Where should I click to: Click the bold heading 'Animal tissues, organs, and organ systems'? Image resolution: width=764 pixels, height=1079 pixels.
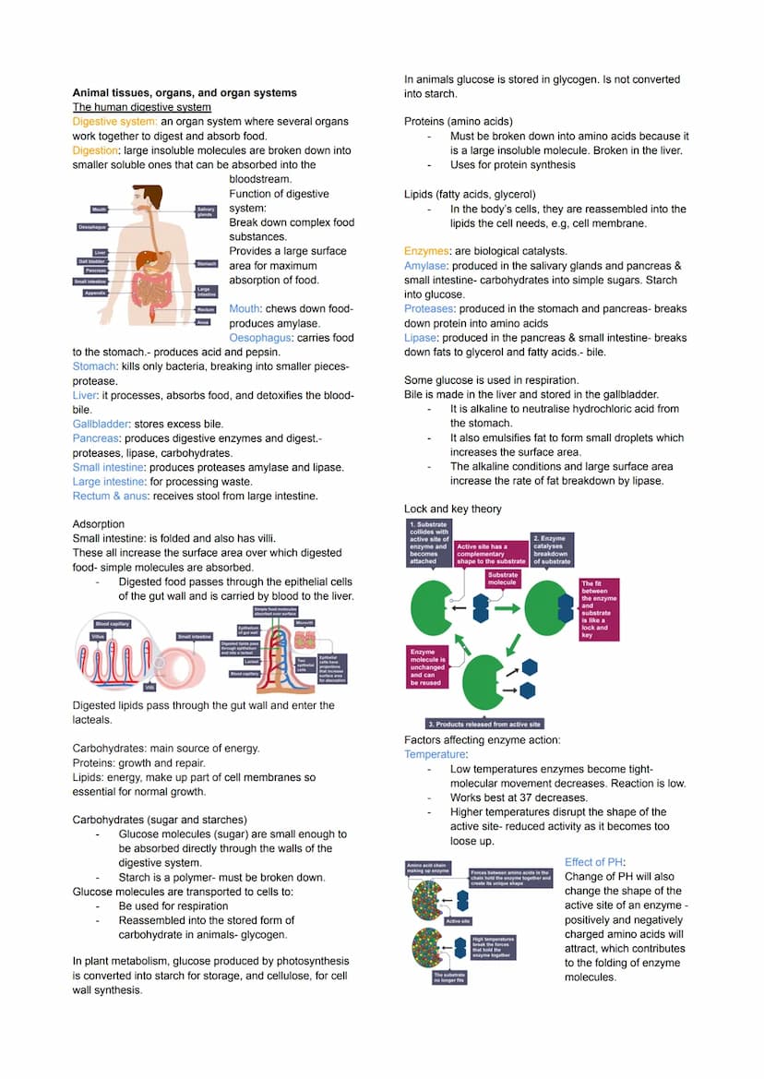click(185, 92)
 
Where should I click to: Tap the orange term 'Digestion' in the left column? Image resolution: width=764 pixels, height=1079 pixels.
click(95, 150)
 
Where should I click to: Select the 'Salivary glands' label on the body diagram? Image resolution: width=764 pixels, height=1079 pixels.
click(206, 212)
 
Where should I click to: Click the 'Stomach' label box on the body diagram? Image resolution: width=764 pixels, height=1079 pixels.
click(207, 263)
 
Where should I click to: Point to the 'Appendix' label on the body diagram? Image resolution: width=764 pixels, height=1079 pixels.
click(94, 293)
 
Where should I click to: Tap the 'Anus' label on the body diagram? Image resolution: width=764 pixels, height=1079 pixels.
click(203, 322)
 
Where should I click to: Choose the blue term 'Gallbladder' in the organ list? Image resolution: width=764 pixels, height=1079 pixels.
click(101, 424)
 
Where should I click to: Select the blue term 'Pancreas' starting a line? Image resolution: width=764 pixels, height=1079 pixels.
click(95, 438)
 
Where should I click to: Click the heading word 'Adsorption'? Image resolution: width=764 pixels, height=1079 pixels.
click(98, 523)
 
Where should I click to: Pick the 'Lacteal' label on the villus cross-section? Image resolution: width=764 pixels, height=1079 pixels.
click(250, 661)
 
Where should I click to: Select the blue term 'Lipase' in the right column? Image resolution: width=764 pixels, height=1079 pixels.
click(421, 338)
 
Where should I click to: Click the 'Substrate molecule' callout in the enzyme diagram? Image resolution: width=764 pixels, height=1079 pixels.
click(503, 579)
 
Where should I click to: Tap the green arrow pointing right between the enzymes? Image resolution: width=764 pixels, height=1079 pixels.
click(507, 609)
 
